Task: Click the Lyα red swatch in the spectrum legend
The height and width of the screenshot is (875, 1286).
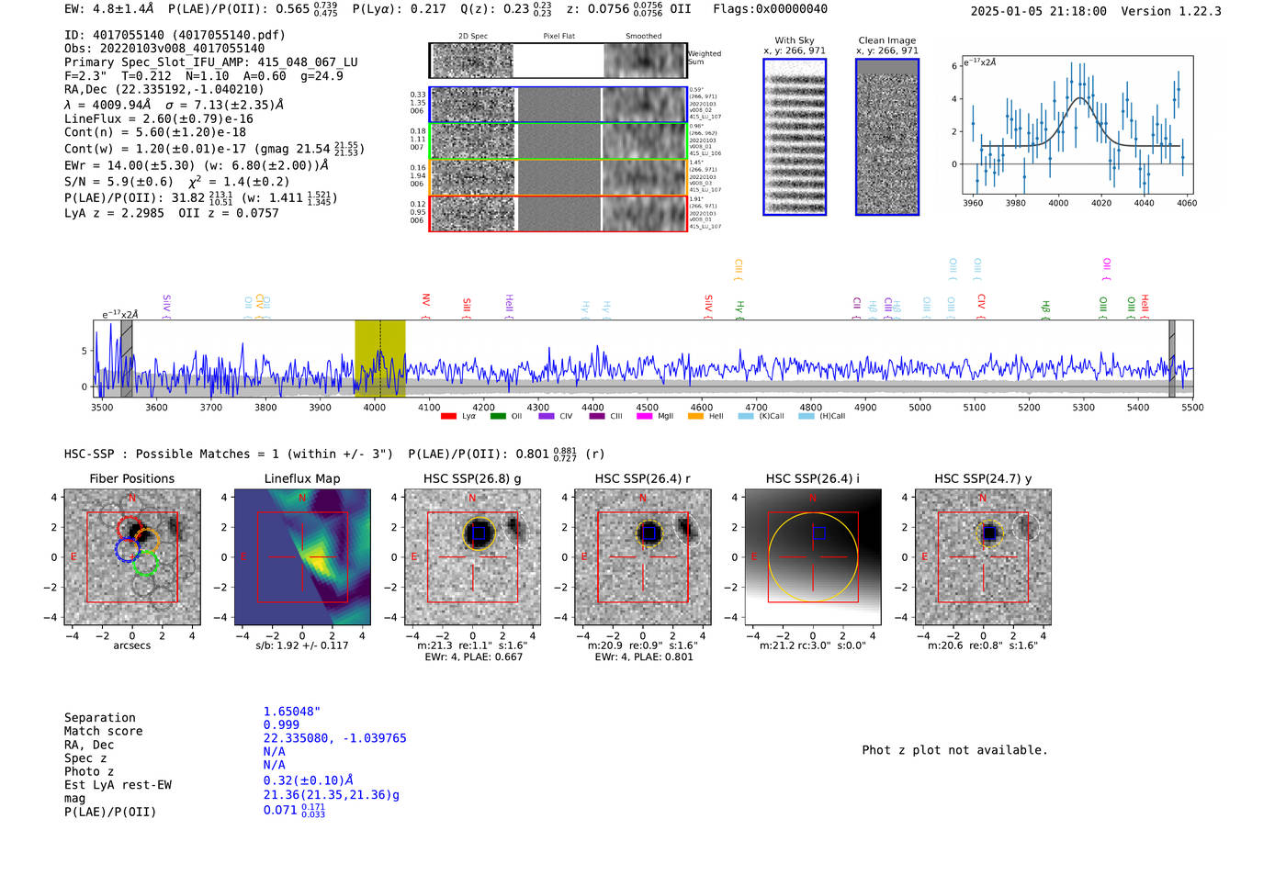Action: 448,417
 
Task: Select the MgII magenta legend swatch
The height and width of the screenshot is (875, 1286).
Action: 640,417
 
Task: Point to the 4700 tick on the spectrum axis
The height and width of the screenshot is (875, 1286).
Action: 756,398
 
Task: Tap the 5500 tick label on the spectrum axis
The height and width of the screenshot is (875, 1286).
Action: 1192,408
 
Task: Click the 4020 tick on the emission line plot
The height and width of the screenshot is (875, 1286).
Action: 1101,196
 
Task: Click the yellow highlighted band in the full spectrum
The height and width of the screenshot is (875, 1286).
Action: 379,358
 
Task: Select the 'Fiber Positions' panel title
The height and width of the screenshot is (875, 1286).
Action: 131,478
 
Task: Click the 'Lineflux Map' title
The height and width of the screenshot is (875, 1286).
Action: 301,478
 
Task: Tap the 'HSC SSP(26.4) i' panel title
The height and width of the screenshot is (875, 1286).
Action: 812,478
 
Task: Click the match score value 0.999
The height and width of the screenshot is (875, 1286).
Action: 281,724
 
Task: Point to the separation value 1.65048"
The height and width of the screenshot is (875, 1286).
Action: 291,712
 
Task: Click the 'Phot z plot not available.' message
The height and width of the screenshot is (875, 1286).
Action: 954,750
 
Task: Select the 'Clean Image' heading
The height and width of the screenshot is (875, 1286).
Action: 886,40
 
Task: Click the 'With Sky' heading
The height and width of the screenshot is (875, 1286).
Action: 794,40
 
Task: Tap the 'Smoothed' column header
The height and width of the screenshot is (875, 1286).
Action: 643,37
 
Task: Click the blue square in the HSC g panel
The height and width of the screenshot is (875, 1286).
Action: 478,533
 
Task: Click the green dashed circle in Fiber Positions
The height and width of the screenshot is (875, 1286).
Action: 145,563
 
